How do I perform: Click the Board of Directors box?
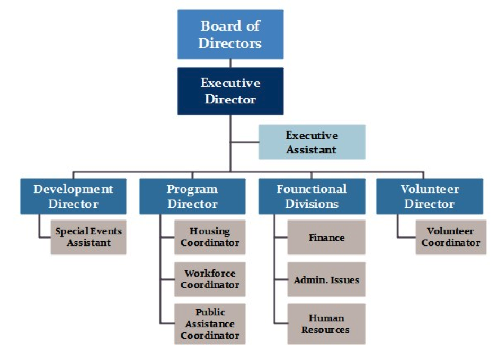[x=230, y=34]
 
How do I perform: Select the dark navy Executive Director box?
[x=230, y=91]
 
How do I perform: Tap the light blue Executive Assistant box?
[x=312, y=142]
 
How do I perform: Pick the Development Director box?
[x=73, y=196]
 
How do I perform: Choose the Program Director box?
[x=192, y=196]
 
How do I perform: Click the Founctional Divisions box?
[x=312, y=196]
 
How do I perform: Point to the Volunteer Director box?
[x=430, y=196]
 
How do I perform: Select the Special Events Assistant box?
[x=88, y=237]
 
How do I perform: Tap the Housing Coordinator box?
[x=210, y=237]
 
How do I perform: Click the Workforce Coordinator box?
[x=210, y=279]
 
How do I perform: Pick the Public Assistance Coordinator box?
[x=210, y=324]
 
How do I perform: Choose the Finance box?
[x=326, y=238]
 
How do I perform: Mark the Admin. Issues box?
[x=326, y=279]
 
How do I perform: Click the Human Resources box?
[x=326, y=324]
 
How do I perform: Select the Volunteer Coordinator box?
[x=451, y=237]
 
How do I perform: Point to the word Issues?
[x=345, y=279]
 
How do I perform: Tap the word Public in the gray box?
[x=210, y=312]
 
